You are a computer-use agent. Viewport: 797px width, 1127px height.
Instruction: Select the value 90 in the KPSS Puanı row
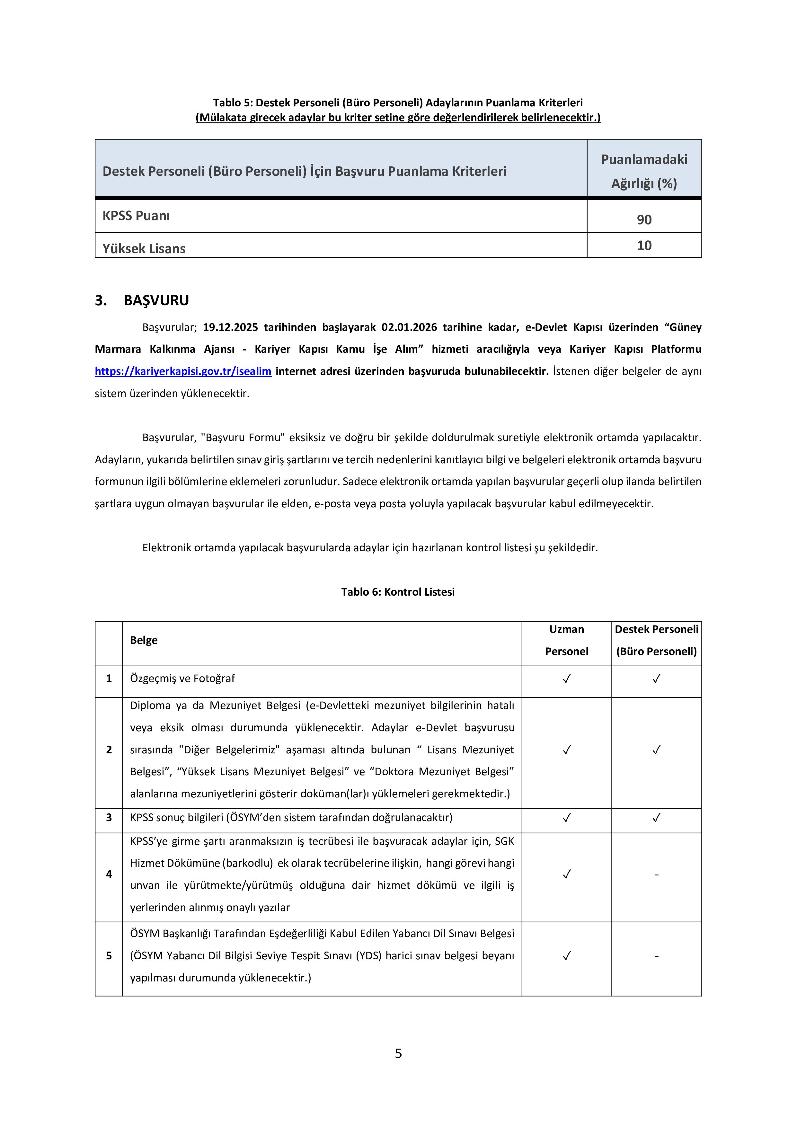[644, 219]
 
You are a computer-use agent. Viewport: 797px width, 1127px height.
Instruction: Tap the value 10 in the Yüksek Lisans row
[644, 245]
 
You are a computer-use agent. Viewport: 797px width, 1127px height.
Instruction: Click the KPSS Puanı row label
[136, 216]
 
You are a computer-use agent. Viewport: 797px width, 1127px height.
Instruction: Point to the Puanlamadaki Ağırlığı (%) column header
[644, 171]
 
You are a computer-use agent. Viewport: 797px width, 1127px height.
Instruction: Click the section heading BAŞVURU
[156, 300]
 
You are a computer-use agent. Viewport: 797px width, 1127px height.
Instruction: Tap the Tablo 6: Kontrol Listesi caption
[398, 592]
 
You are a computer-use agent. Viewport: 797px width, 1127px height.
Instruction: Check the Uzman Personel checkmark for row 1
[566, 679]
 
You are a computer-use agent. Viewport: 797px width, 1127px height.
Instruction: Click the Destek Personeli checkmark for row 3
[656, 818]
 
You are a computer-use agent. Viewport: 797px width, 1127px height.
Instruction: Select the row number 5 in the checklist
[109, 956]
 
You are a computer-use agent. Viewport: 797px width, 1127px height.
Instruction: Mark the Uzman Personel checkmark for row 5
[566, 956]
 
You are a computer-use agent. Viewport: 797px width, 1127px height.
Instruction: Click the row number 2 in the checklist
[109, 750]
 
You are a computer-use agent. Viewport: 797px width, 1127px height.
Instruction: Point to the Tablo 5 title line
[398, 102]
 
